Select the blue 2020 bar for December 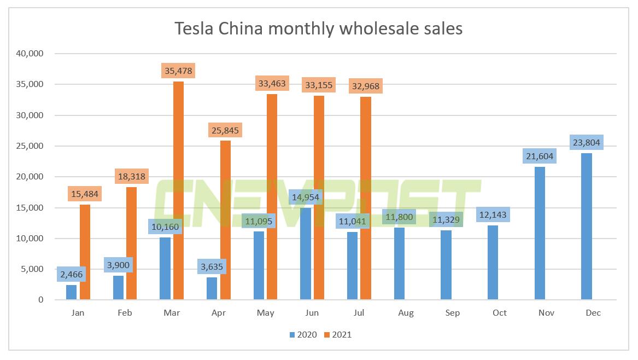[x=586, y=227]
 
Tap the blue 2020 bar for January [x=72, y=292]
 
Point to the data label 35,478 [x=179, y=71]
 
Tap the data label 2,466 [x=72, y=274]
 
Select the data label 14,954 [x=306, y=197]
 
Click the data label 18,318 [x=132, y=176]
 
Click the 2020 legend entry [x=302, y=334]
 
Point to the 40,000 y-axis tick [x=31, y=54]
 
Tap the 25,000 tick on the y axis [x=31, y=146]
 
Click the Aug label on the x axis [x=406, y=313]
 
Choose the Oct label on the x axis [x=499, y=313]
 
